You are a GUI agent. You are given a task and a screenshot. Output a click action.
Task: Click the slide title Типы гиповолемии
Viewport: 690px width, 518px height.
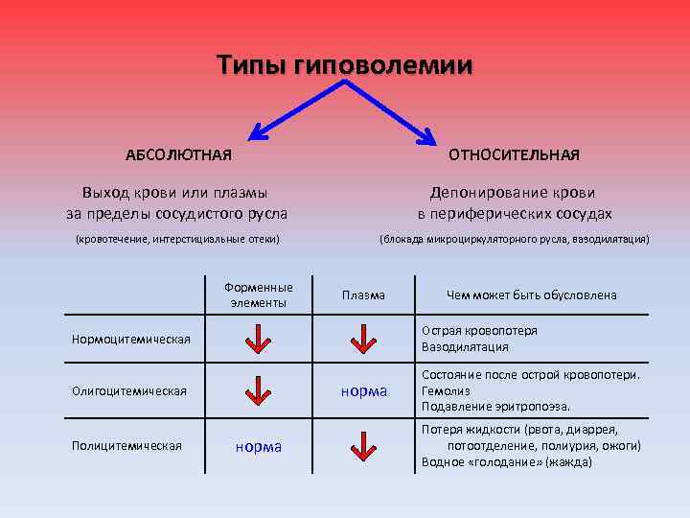tap(344, 65)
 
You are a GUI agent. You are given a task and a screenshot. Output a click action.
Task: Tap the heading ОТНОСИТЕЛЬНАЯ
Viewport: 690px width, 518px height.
tap(515, 154)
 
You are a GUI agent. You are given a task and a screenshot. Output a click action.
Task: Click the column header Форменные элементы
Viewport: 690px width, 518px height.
tap(258, 294)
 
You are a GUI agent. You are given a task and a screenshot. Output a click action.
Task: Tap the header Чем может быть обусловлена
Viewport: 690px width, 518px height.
tap(531, 295)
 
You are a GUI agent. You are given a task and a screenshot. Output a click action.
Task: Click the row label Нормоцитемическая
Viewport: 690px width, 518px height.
tap(131, 339)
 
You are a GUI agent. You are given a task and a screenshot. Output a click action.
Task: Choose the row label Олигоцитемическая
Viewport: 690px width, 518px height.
tap(129, 390)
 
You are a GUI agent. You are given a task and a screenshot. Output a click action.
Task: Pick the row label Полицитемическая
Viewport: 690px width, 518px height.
tap(126, 444)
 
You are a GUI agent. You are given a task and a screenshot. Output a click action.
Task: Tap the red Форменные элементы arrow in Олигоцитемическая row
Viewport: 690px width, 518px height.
tap(258, 390)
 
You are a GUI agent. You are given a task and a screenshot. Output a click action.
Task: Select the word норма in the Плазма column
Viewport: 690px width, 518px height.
tap(364, 390)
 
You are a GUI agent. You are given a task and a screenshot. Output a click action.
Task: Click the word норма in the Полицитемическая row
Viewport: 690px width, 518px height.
tap(259, 446)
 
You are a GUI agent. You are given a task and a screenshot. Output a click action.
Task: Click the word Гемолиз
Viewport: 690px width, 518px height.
tap(447, 391)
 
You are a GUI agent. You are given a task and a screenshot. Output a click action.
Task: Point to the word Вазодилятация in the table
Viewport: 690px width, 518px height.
tap(465, 347)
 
